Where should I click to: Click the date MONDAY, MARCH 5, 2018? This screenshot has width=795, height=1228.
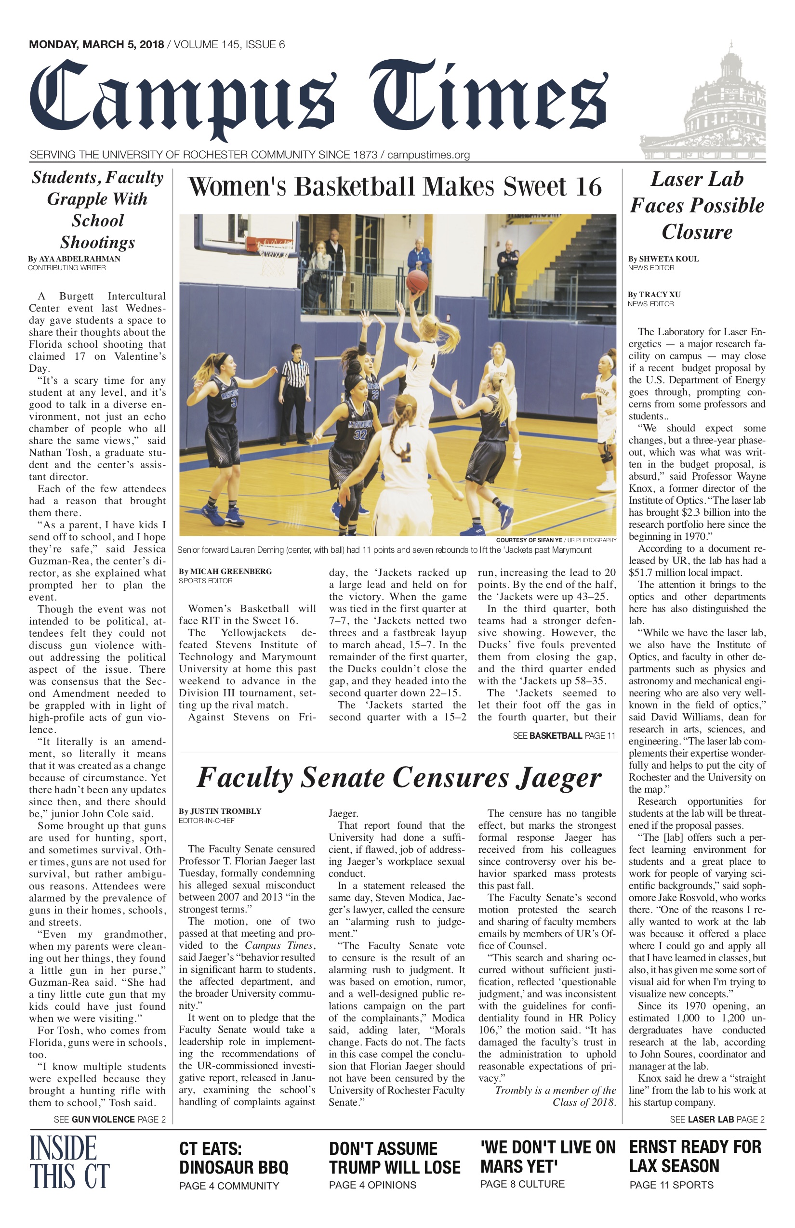[96, 45]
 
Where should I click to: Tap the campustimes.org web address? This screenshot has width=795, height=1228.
[428, 155]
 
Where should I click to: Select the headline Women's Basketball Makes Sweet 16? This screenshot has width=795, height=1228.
[395, 187]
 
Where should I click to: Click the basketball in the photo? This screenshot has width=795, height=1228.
[417, 281]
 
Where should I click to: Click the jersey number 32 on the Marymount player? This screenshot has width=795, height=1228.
[360, 433]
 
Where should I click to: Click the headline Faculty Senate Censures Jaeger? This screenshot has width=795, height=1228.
[398, 778]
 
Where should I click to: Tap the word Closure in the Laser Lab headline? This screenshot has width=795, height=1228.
[697, 232]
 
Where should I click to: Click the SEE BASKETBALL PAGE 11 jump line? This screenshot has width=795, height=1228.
[564, 736]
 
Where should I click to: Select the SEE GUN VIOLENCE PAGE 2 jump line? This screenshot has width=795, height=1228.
[109, 1119]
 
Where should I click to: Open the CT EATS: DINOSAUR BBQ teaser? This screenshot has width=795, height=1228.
[233, 1167]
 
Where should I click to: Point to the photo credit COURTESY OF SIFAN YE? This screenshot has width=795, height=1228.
[529, 540]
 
